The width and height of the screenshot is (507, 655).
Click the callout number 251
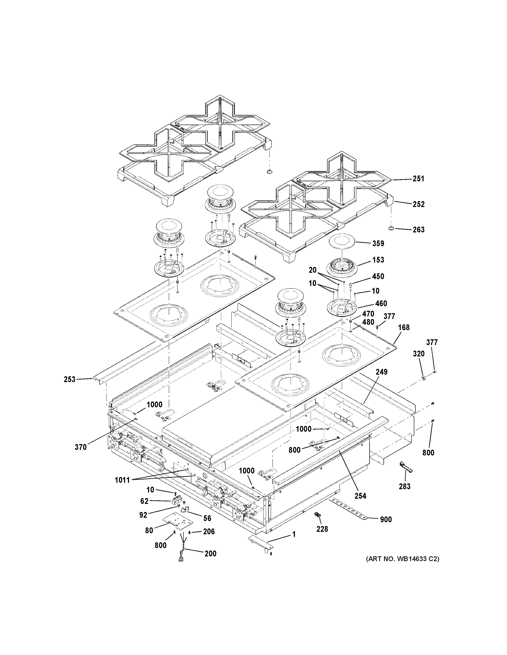(418, 179)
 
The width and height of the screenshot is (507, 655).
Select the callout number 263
(418, 230)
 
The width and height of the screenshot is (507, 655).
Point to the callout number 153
(378, 260)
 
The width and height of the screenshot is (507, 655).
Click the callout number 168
(403, 327)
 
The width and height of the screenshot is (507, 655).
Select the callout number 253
(69, 379)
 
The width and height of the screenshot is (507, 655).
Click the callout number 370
(81, 455)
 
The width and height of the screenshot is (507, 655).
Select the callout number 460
(381, 304)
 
